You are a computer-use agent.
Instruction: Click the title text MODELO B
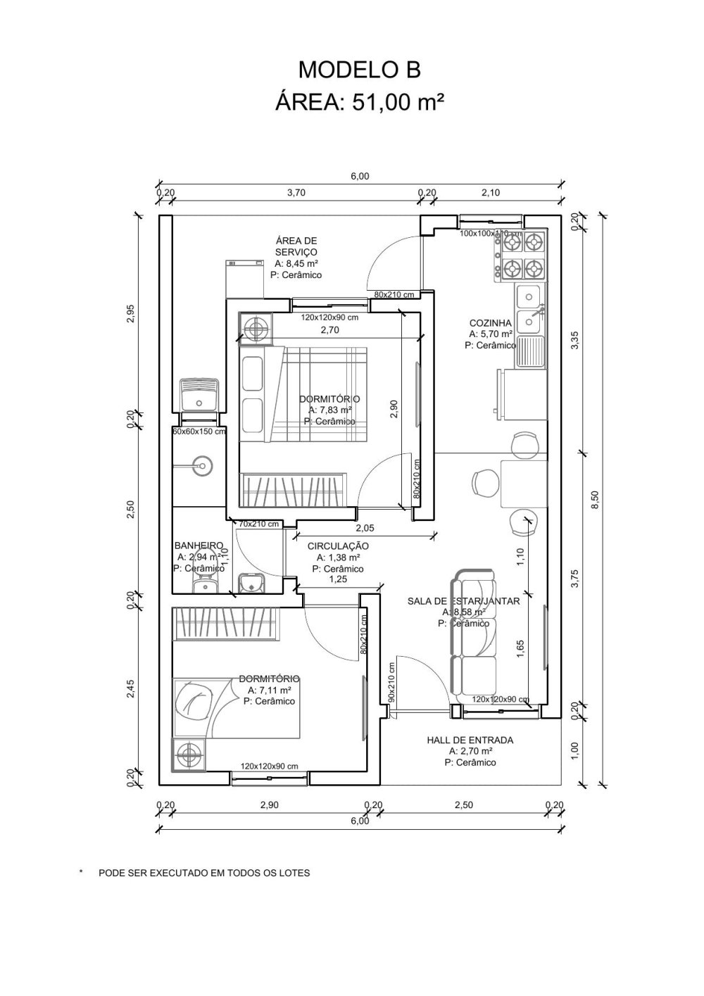359,70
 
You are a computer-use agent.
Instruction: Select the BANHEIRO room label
199,546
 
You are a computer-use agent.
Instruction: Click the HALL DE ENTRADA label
470,740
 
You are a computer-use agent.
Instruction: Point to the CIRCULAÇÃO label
338,546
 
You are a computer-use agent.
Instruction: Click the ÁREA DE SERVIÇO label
296,246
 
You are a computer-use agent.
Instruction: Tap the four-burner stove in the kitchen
523,256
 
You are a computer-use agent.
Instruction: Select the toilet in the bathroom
205,581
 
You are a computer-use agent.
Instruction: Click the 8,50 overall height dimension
595,499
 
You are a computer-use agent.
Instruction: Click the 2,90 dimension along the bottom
270,805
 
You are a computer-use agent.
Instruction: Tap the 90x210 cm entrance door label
391,681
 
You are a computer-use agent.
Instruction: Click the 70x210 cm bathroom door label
258,524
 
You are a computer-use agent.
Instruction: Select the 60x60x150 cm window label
200,431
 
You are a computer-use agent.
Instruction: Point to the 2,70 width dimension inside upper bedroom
330,329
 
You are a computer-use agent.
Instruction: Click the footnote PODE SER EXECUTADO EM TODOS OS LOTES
203,873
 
